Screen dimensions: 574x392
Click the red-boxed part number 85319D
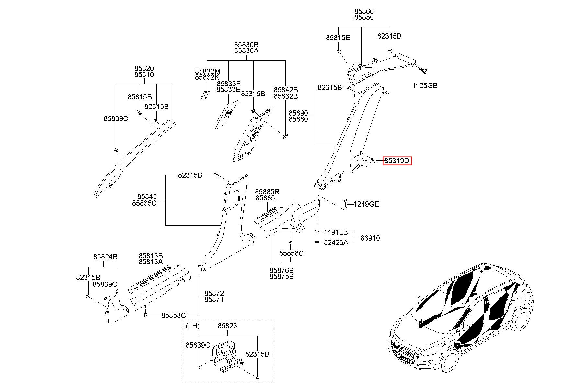pyautogui.click(x=397, y=161)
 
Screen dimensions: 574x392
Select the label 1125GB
pyautogui.click(x=425, y=86)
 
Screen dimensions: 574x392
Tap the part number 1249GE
pyautogui.click(x=366, y=204)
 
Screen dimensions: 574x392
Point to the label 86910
pyautogui.click(x=370, y=238)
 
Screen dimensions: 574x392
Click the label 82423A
pyautogui.click(x=336, y=242)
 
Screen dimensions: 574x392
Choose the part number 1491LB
pyautogui.click(x=336, y=232)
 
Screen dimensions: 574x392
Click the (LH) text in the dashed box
pyautogui.click(x=193, y=326)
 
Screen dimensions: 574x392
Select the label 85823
pyautogui.click(x=227, y=326)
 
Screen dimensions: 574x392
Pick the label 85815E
pyautogui.click(x=338, y=38)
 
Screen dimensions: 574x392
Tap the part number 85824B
pyautogui.click(x=105, y=257)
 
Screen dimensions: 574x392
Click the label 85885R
pyautogui.click(x=267, y=192)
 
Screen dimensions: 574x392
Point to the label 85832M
pyautogui.click(x=208, y=71)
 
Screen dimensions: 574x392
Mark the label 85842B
pyautogui.click(x=286, y=90)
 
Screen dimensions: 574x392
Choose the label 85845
pyautogui.click(x=147, y=197)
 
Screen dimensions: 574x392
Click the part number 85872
pyautogui.click(x=214, y=293)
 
